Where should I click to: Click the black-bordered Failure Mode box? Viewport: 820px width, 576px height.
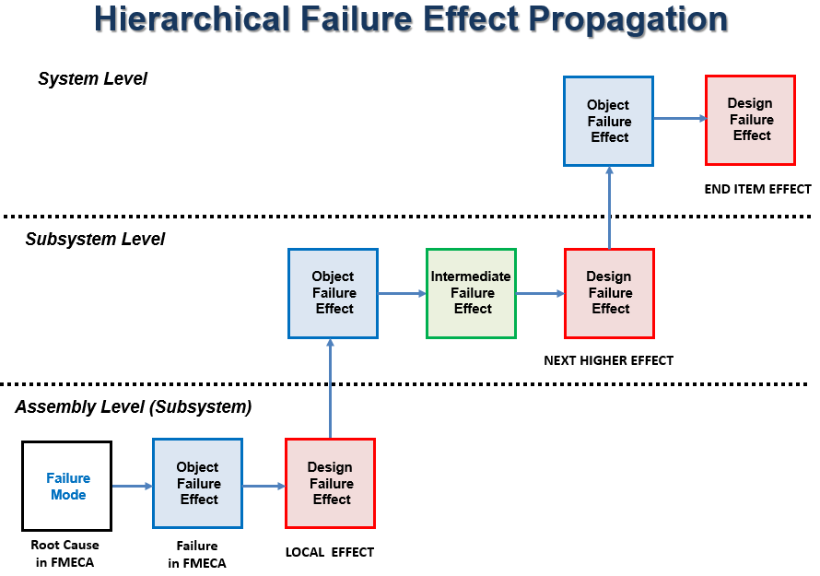click(x=67, y=486)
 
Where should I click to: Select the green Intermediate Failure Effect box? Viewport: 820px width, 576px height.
click(x=471, y=293)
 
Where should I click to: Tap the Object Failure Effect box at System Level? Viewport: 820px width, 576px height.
click(x=609, y=122)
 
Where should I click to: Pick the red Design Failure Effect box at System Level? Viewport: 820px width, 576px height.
click(x=751, y=121)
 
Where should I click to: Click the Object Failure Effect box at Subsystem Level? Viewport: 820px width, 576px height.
click(x=334, y=293)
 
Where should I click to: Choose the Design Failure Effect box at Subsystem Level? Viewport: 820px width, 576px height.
click(x=610, y=293)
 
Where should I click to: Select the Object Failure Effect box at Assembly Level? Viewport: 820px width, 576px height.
click(x=198, y=484)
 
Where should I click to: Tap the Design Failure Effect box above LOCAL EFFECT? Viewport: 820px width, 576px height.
click(x=331, y=484)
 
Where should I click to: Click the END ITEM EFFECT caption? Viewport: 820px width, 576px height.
click(x=757, y=189)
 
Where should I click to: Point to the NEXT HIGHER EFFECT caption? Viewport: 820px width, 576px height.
click(x=609, y=360)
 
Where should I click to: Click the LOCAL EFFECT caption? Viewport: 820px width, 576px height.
click(x=330, y=552)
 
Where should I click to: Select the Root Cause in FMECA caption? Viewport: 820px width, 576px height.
click(x=64, y=554)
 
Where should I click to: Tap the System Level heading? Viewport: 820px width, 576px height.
click(x=92, y=78)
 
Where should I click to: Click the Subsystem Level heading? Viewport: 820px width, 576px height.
click(x=95, y=239)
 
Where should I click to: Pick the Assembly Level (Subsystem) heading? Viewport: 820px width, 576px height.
click(x=134, y=407)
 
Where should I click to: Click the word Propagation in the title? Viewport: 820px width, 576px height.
click(x=628, y=20)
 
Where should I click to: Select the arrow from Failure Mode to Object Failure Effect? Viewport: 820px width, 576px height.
click(x=133, y=486)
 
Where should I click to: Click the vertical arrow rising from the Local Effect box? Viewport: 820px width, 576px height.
click(x=330, y=388)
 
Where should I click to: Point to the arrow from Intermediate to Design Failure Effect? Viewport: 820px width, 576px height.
click(x=540, y=293)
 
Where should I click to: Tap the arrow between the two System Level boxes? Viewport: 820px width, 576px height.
click(x=680, y=119)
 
